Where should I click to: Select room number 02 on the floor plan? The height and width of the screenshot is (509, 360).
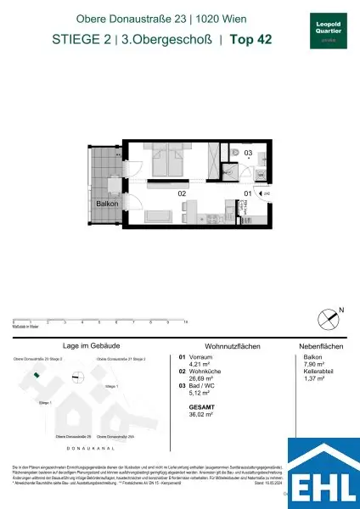click(182, 194)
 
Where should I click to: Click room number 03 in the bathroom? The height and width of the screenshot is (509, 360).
click(248, 154)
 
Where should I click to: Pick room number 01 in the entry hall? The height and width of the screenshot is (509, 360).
click(247, 194)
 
